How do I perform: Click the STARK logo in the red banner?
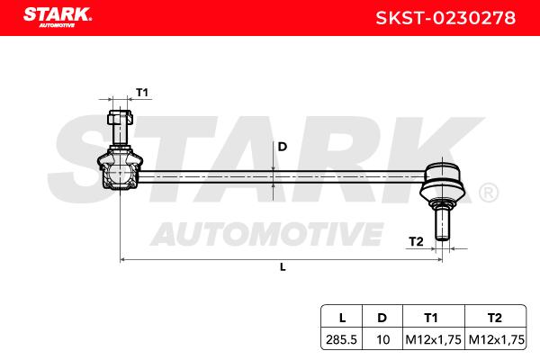(58, 17)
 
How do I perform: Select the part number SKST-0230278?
(445, 18)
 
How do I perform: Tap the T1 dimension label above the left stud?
(142, 93)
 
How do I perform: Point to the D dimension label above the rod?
(282, 147)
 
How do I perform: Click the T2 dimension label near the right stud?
(416, 241)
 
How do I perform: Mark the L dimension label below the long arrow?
(283, 267)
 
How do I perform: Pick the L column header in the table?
(342, 318)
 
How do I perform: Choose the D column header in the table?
(382, 318)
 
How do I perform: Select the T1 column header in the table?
(431, 318)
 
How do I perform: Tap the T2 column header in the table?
(495, 318)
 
